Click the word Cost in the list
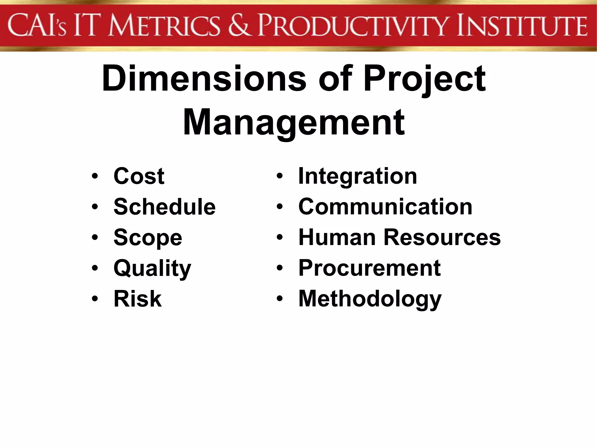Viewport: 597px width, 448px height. tap(139, 176)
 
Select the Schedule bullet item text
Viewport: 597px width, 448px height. tap(164, 207)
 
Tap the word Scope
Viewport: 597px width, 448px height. tap(148, 238)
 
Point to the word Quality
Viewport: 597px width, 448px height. tap(152, 268)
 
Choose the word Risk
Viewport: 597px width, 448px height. tap(138, 299)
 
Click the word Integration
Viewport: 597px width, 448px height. tap(358, 176)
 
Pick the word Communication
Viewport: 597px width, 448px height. tap(385, 207)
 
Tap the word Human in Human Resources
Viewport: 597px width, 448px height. tap(337, 237)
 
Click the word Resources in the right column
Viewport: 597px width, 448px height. tap(442, 237)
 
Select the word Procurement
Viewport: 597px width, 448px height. tap(370, 268)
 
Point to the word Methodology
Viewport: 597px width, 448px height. tap(370, 299)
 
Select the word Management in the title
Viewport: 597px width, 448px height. tap(294, 123)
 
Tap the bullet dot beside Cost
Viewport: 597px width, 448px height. tap(94, 176)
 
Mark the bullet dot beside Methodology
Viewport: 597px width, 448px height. tap(280, 299)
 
